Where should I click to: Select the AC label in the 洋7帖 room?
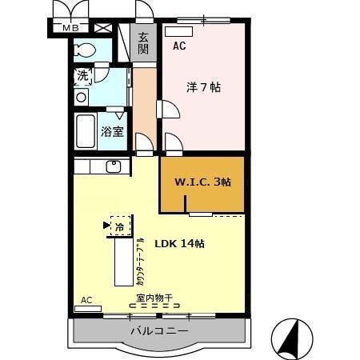[x=179, y=46]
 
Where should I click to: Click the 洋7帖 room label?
[x=205, y=88]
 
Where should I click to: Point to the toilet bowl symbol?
[x=83, y=50]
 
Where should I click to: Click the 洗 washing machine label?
[x=83, y=77]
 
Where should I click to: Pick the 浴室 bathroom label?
[x=112, y=131]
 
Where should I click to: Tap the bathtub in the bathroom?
[x=85, y=130]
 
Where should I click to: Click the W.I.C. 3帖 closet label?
[x=203, y=182]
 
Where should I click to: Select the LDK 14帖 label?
[x=179, y=243]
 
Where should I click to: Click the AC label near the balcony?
[x=86, y=300]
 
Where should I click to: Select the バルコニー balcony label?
[x=160, y=331]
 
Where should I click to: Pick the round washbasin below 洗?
[x=81, y=98]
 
